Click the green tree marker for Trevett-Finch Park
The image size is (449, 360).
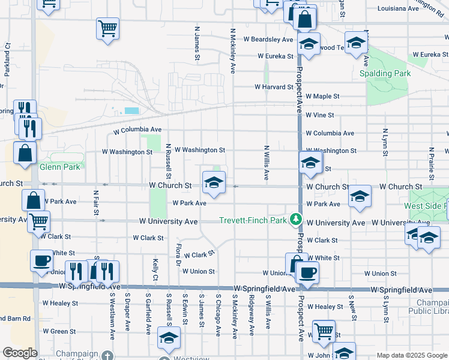click(x=295, y=220)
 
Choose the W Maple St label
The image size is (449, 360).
click(x=322, y=96)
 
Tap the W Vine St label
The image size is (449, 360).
click(x=319, y=115)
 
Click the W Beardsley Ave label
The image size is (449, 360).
click(x=268, y=40)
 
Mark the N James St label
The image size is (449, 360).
click(x=196, y=43)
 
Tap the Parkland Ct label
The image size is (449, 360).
click(x=8, y=56)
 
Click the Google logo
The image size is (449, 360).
click(x=20, y=353)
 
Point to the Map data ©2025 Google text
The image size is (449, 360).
click(x=411, y=355)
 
